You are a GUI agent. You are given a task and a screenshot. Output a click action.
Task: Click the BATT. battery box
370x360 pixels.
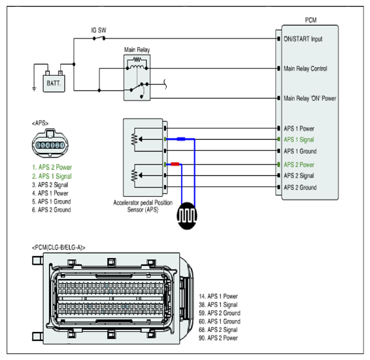click(54, 83)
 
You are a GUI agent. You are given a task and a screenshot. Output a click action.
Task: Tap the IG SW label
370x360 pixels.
click(99, 31)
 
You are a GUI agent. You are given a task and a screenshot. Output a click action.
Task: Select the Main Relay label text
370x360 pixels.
click(137, 50)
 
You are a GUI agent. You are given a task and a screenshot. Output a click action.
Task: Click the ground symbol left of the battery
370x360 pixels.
click(34, 89)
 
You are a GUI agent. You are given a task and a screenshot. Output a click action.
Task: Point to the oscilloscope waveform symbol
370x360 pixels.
click(187, 216)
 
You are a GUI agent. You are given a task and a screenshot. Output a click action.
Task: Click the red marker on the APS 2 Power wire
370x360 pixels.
click(175, 164)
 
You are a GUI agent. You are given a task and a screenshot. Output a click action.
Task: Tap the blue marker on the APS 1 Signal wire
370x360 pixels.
click(181, 139)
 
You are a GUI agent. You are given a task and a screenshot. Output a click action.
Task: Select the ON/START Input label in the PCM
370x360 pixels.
click(303, 39)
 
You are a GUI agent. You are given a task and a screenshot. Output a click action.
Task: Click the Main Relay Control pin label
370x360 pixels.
click(305, 69)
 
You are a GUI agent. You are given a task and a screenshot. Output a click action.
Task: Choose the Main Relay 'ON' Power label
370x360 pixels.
click(310, 98)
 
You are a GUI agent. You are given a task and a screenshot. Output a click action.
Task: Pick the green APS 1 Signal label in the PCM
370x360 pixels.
click(299, 140)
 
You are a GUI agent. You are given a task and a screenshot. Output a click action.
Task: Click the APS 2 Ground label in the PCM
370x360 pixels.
click(300, 188)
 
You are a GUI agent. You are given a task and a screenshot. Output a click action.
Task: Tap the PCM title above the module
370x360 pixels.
click(311, 20)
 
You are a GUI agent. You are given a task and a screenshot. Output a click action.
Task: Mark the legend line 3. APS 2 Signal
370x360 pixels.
click(50, 185)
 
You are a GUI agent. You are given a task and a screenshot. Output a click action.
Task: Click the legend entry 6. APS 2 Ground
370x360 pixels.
click(52, 210)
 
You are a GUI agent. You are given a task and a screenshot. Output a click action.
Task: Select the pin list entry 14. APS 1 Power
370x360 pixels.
click(218, 297)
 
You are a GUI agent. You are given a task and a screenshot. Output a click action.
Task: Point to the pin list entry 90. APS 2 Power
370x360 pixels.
click(218, 338)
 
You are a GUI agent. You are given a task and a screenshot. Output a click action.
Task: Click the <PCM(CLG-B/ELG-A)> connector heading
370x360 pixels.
click(59, 248)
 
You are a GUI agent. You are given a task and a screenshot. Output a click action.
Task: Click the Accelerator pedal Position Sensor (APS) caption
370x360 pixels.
click(143, 206)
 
